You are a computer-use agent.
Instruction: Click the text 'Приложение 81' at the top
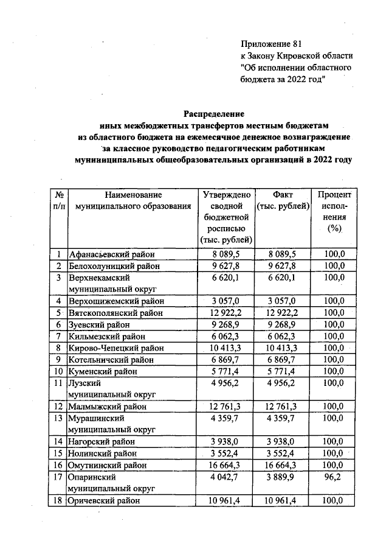pyautogui.click(x=271, y=44)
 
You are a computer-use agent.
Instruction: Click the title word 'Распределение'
pyautogui.click(x=214, y=113)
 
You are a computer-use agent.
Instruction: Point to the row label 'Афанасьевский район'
pyautogui.click(x=111, y=254)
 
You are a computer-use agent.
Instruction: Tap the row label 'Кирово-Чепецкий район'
pyautogui.click(x=115, y=348)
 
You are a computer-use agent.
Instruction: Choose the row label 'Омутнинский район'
pyautogui.click(x=108, y=464)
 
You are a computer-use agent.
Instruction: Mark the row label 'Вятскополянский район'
pyautogui.click(x=115, y=313)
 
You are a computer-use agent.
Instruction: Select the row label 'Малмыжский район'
pyautogui.click(x=108, y=406)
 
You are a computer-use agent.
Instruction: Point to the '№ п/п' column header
pyautogui.click(x=59, y=200)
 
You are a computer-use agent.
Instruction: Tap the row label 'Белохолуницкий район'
pyautogui.click(x=114, y=266)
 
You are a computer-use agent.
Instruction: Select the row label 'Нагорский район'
pyautogui.click(x=102, y=441)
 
